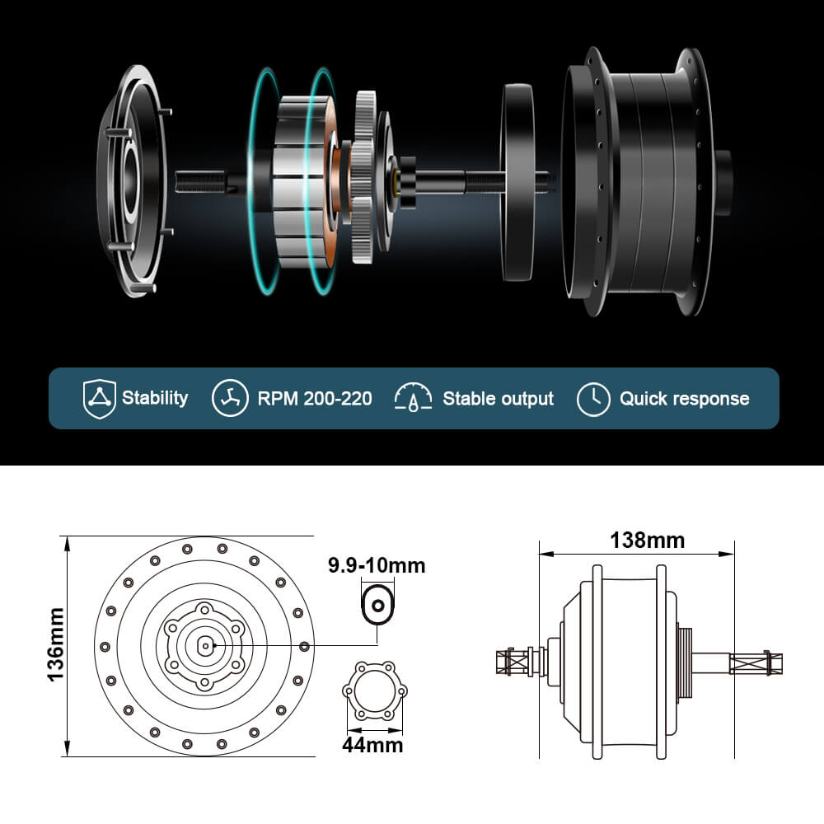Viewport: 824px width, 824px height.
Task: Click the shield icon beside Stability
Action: pyautogui.click(x=99, y=398)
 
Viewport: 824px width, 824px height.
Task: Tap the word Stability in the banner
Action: pyautogui.click(x=155, y=398)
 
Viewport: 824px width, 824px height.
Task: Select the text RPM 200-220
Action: pyautogui.click(x=314, y=399)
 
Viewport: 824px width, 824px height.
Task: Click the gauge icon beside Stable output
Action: pyautogui.click(x=414, y=398)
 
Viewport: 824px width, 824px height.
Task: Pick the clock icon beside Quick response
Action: pyautogui.click(x=593, y=399)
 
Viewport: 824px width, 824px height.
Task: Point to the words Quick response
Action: pyautogui.click(x=684, y=399)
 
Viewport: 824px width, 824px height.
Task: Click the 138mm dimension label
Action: pyautogui.click(x=647, y=541)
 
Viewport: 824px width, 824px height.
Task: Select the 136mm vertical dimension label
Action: pyautogui.click(x=55, y=644)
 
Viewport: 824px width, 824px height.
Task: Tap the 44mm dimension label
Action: pyautogui.click(x=372, y=745)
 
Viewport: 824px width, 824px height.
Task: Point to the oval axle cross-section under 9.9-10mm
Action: pyautogui.click(x=378, y=606)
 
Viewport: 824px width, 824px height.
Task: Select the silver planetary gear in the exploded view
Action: pyautogui.click(x=365, y=177)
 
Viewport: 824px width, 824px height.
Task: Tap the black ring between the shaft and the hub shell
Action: pyautogui.click(x=517, y=181)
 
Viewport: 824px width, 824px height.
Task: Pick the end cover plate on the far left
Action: pyautogui.click(x=132, y=181)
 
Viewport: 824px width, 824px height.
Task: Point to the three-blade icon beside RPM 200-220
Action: pyautogui.click(x=230, y=398)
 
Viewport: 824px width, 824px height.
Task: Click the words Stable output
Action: pyautogui.click(x=498, y=399)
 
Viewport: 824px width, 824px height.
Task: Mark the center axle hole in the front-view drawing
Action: pyautogui.click(x=204, y=646)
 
